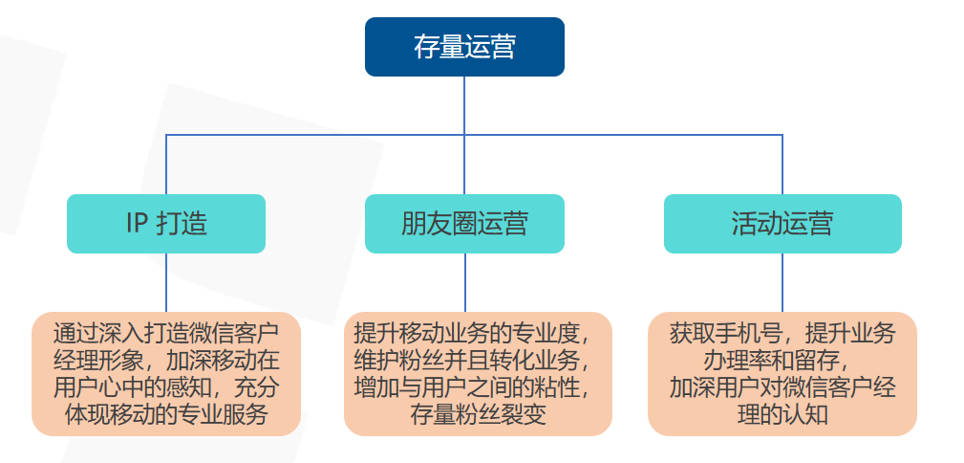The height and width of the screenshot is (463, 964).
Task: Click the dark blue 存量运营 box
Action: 464,47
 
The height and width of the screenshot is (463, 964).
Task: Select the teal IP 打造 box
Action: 166,224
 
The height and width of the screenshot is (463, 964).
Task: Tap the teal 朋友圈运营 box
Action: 464,224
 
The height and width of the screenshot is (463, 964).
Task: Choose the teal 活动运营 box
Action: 782,224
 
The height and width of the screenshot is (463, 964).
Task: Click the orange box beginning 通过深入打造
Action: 166,374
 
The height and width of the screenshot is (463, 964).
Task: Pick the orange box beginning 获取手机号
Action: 782,374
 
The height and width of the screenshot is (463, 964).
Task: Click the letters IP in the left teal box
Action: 137,224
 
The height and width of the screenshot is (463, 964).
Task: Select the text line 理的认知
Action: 782,415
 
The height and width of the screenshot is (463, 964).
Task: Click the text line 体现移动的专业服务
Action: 166,415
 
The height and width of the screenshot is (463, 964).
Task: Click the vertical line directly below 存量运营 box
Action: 464,105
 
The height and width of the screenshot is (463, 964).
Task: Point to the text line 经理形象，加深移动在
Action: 166,361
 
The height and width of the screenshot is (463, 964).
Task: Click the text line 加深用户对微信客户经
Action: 782,388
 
